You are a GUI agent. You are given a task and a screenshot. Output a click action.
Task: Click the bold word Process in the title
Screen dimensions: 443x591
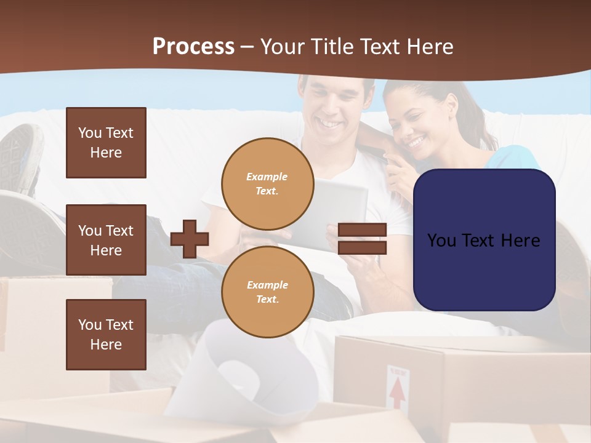tap(193, 46)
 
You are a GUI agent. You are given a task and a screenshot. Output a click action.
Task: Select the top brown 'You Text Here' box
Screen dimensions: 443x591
tap(106, 143)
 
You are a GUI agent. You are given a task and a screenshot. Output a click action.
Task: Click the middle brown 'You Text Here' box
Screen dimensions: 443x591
tap(106, 240)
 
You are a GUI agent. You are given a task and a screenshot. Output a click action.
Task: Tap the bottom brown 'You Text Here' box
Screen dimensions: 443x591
tap(106, 335)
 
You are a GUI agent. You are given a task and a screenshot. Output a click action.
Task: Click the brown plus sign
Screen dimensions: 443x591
tap(190, 239)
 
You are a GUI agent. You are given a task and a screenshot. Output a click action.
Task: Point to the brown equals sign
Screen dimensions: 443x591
tap(362, 239)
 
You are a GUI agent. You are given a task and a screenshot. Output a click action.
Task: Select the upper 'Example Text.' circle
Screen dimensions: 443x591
tap(267, 184)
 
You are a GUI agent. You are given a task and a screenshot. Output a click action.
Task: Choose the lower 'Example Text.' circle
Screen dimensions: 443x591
tap(267, 292)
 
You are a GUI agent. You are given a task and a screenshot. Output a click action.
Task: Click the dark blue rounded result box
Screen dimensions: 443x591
tap(484, 240)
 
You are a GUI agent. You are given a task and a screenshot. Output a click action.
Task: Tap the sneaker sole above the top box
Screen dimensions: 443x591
tap(22, 151)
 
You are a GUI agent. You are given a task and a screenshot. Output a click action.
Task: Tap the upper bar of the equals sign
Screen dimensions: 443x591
tap(362, 230)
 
